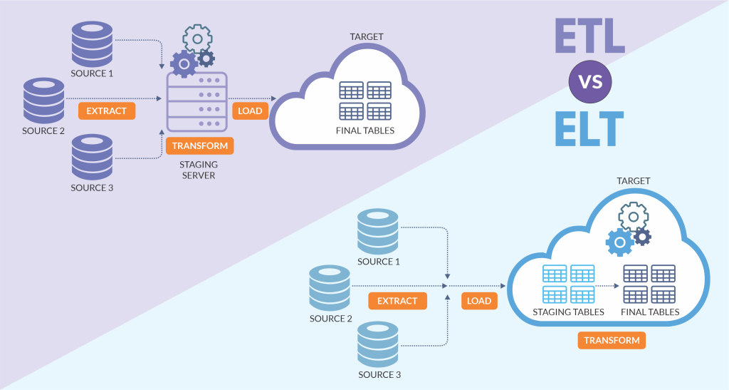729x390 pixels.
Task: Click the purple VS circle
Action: [x=590, y=82]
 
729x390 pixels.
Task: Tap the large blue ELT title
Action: [x=589, y=128]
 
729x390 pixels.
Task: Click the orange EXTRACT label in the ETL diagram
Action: [x=107, y=111]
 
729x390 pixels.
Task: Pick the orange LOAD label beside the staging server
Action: [x=250, y=111]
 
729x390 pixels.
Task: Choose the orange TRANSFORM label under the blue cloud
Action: [x=612, y=340]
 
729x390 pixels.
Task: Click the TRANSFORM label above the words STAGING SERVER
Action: [x=200, y=145]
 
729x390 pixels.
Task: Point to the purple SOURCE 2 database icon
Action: [x=43, y=101]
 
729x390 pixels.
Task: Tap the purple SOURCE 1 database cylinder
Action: [x=92, y=43]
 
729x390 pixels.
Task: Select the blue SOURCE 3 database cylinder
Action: [x=378, y=344]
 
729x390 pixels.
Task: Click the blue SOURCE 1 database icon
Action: [x=378, y=231]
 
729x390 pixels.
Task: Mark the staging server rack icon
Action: [x=197, y=102]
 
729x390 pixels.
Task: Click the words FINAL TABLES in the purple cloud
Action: [x=365, y=130]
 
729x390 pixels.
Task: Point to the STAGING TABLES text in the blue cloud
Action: [x=568, y=312]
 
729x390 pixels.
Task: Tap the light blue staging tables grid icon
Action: [x=569, y=284]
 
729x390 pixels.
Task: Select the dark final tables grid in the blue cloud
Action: [x=649, y=284]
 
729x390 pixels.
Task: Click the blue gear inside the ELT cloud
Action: [x=619, y=242]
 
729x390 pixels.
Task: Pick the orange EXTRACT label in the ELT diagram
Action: [x=397, y=301]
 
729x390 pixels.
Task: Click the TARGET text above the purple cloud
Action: [x=367, y=36]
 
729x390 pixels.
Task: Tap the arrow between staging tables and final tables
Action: [x=608, y=286]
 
